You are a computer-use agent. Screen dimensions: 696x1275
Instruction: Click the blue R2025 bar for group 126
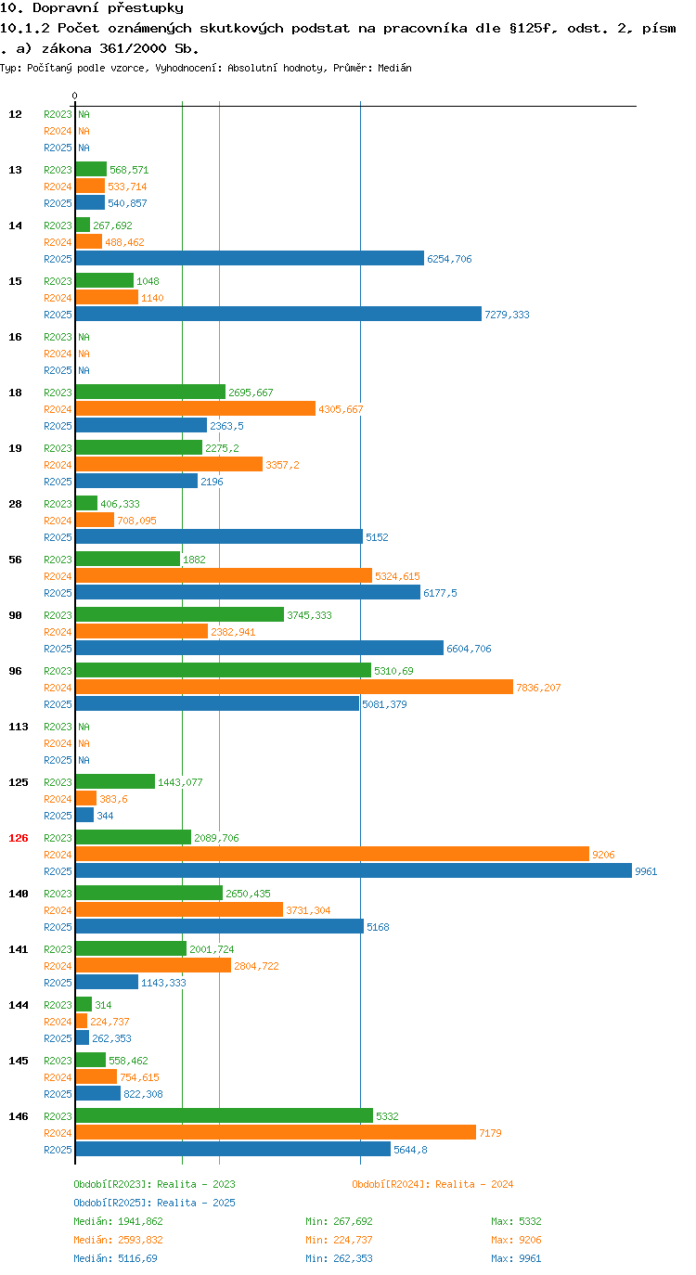354,870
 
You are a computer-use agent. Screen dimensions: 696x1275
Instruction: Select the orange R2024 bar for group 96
294,687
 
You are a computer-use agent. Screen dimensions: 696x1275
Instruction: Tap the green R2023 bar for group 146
225,1115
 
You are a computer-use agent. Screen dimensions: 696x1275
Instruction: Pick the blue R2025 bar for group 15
278,314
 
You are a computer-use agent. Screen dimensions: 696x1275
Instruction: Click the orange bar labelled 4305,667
195,408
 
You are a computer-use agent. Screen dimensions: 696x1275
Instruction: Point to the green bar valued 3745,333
180,614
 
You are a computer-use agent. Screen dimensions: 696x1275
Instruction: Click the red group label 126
19,838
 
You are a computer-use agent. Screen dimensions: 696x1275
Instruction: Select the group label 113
19,727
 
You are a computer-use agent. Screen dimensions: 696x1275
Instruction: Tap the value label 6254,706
449,259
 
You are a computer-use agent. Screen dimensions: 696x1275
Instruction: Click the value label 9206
604,855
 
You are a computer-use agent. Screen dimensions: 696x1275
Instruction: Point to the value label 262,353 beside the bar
111,1038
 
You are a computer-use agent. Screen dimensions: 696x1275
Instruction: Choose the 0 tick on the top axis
74,96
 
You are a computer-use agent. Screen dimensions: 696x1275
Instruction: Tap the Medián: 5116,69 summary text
115,1258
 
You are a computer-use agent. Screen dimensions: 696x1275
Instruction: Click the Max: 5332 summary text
516,1221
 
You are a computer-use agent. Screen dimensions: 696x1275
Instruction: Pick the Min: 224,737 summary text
339,1240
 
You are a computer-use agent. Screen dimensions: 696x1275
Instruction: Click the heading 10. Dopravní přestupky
92,8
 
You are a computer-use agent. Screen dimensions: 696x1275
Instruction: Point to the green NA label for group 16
84,337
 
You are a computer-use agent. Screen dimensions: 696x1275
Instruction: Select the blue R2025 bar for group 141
107,982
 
